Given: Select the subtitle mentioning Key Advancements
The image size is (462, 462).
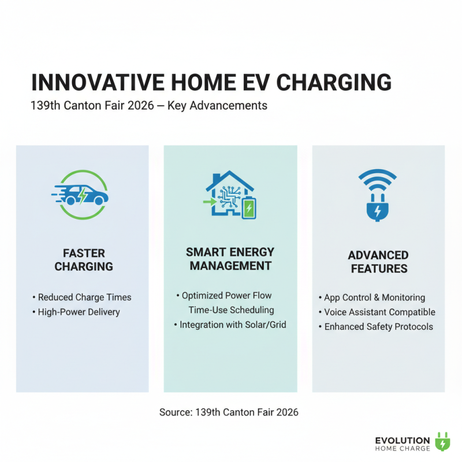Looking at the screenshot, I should pos(148,106).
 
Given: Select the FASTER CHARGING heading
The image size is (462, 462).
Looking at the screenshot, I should pos(83,260).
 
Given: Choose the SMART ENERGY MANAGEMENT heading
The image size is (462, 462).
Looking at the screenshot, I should pos(230,259).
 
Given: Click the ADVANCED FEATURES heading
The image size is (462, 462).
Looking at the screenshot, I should pos(378,262).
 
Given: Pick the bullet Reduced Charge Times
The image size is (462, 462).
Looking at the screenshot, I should pos(82,297).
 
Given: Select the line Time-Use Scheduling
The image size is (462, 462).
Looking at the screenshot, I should pos(231,310).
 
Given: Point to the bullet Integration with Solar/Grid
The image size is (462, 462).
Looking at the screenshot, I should pos(230,325).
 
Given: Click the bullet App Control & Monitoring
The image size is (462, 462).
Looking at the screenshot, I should pos(372,297).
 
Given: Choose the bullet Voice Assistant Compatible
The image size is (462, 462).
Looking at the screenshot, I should pos(377,312).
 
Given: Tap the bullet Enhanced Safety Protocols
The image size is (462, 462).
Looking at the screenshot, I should pos(375,326).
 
